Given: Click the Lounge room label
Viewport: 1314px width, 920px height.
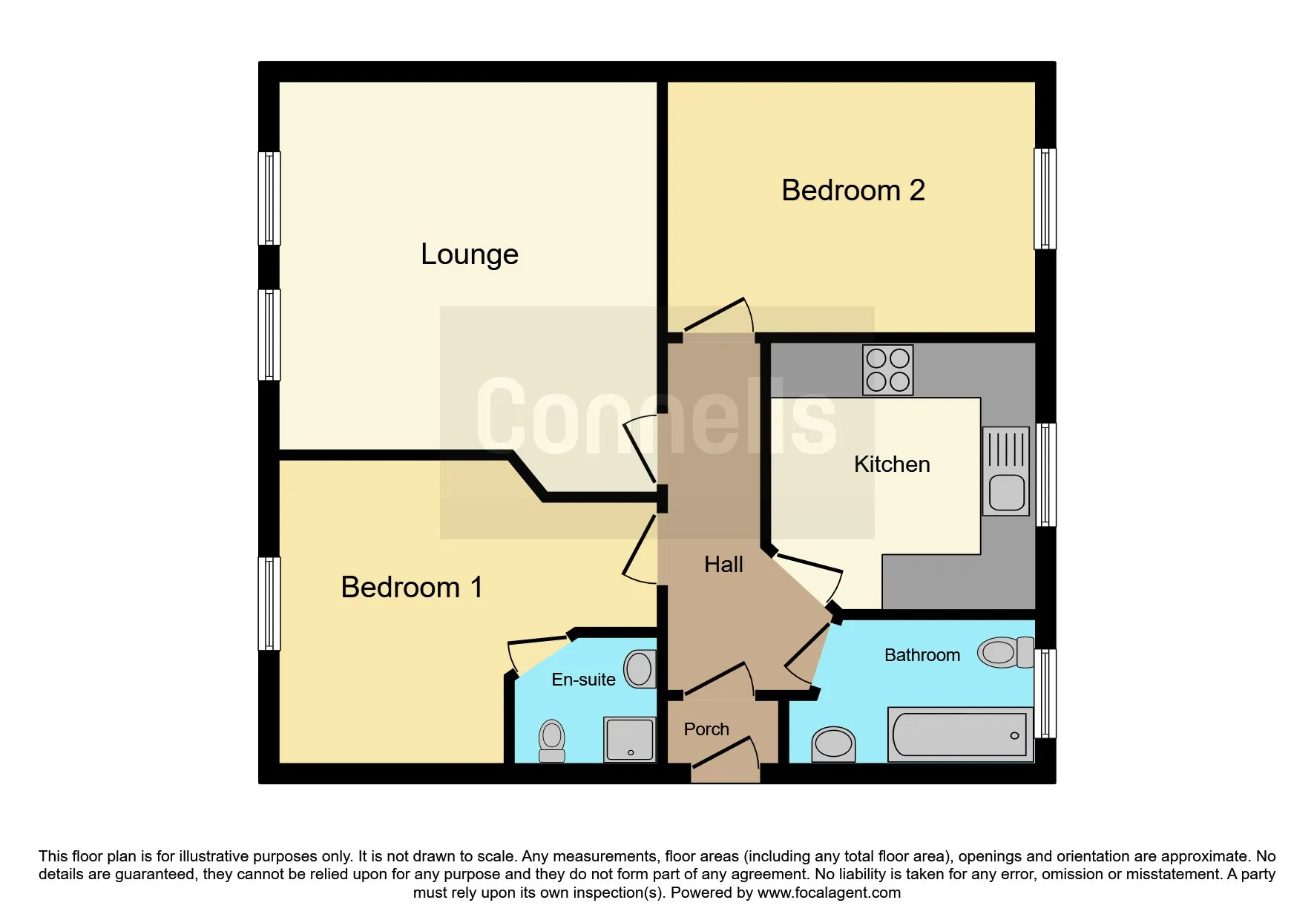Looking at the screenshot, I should (469, 254).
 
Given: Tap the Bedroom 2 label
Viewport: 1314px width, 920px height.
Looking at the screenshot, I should (853, 191).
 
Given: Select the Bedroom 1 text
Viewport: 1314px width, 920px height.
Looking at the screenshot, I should (412, 588).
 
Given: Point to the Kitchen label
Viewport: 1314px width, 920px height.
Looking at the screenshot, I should (891, 464).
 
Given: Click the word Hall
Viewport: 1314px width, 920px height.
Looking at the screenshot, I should (723, 565).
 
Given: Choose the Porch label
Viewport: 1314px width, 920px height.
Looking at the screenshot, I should (706, 729).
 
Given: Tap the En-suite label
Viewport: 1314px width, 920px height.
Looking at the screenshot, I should (583, 680).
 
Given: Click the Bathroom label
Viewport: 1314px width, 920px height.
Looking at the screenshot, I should (922, 655).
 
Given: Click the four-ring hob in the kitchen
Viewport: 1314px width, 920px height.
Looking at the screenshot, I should (887, 369).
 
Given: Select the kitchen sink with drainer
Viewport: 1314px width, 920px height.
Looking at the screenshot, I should (1005, 471).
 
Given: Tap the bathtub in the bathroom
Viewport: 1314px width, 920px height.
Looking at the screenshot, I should (959, 735).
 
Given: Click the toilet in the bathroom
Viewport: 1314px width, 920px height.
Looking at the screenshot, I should (1005, 653).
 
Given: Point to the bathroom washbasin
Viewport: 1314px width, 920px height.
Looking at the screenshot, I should (833, 743).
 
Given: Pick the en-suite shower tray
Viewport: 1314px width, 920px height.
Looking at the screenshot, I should (630, 739).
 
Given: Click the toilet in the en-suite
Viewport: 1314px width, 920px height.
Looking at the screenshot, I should (551, 740).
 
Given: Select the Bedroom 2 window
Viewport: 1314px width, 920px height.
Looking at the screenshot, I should (1045, 198).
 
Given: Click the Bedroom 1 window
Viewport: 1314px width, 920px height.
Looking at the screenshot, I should (269, 603).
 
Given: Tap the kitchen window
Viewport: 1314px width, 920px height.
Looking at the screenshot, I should (1045, 474).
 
